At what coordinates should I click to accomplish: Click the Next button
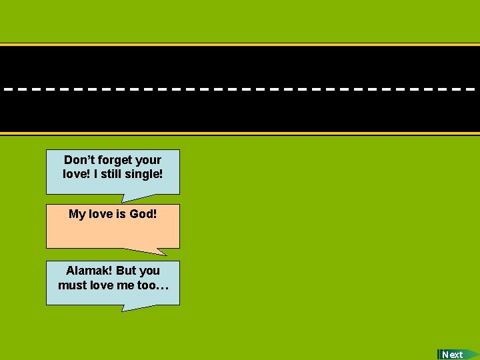[x=453, y=355]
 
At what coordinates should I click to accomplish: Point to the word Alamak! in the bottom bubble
[x=89, y=271]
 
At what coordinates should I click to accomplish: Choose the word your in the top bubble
[x=148, y=160]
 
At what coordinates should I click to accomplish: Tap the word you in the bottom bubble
[x=149, y=271]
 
